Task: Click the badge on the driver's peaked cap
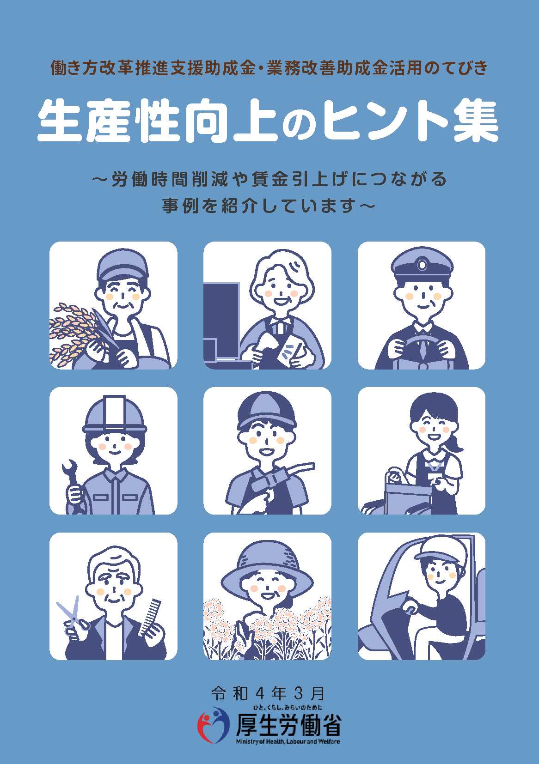(423, 264)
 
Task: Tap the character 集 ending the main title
(476, 121)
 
